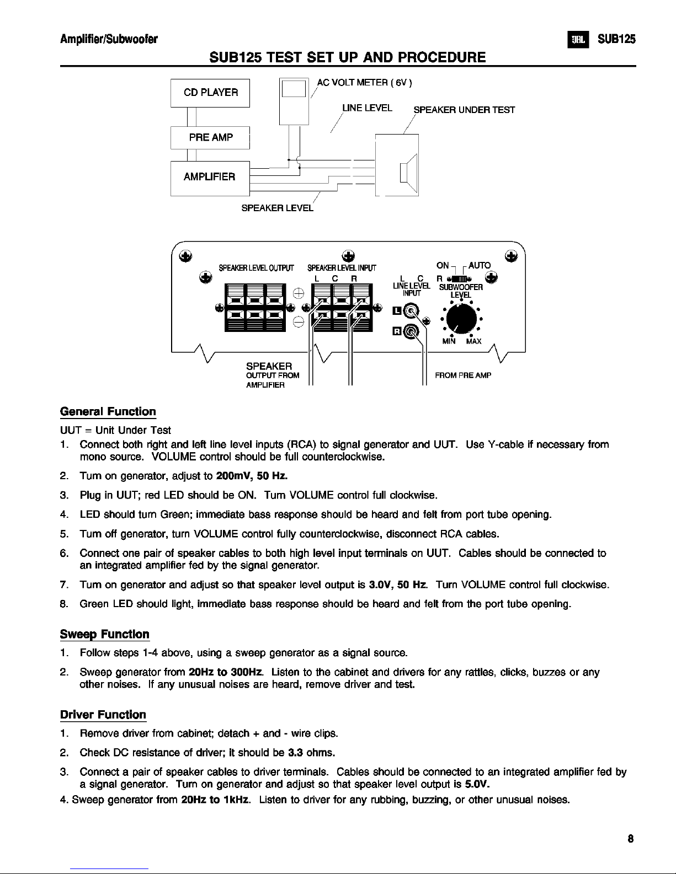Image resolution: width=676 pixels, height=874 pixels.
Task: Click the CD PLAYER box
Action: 210,93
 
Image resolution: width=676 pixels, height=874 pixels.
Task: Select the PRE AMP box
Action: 210,137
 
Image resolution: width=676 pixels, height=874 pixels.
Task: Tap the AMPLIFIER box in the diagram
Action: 210,177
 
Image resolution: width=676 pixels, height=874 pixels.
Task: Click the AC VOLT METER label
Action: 365,83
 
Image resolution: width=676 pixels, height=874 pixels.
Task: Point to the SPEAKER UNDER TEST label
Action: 464,110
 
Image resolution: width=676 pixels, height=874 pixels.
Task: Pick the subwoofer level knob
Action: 461,319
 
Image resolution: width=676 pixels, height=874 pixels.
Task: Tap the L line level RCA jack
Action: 411,313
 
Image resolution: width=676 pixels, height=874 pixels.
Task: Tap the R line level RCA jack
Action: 411,331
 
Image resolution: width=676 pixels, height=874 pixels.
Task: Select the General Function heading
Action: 108,412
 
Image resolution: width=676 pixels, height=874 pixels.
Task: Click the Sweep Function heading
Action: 104,634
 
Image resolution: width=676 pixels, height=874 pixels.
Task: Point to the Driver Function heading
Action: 103,715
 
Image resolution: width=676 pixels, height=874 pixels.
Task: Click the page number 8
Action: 630,840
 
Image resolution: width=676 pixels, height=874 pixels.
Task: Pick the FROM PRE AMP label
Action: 463,376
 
